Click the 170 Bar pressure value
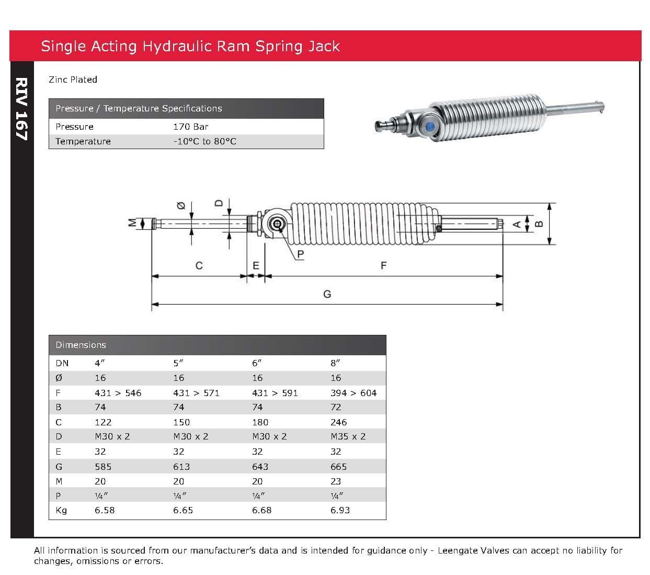pos(190,127)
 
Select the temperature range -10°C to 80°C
pos(204,141)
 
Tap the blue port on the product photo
pos(430,127)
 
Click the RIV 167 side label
pos(21,109)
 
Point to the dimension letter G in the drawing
pos(327,294)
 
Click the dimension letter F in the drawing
pos(383,266)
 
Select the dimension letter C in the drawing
pos(199,266)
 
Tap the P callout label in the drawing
pos(300,255)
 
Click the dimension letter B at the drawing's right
pos(539,224)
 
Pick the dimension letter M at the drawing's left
pos(132,222)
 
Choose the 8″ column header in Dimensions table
pos(335,363)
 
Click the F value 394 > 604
pos(353,393)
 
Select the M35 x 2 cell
pos(348,436)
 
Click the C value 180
pos(260,422)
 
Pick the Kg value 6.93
pos(340,510)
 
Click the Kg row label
pos(61,510)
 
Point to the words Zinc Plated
pos(73,80)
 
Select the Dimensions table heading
pos(81,345)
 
